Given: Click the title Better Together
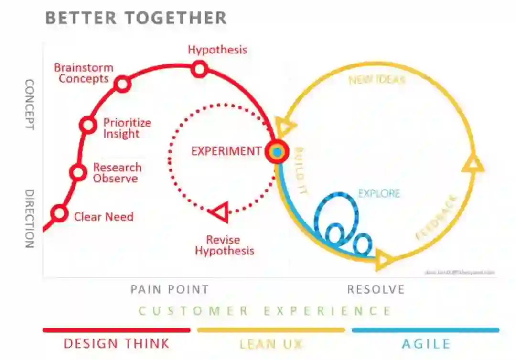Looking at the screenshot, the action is pos(136,18).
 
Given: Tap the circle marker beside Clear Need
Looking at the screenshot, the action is pos(60,213).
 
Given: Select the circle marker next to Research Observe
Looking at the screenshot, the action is pos(78,172).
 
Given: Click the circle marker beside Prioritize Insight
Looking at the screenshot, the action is pos(88,125).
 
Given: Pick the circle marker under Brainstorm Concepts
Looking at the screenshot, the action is pos(123,85).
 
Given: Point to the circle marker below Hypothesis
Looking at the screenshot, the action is pos(200,69).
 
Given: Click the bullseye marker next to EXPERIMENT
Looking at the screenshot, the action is pos(277,151).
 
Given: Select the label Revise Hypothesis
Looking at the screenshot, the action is pos(224,245).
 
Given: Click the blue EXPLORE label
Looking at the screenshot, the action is pos(379,194).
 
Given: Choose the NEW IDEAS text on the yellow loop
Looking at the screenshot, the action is pos(377,79).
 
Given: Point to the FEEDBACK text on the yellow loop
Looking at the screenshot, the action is pos(436,217).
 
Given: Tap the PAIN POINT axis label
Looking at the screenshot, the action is pos(170,289).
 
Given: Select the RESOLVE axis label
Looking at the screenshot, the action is pos(376,289).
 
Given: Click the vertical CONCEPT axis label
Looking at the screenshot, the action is pos(29,105).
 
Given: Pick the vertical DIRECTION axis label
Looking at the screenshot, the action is pos(29,219).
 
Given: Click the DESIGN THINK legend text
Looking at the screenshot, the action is pos(117,343).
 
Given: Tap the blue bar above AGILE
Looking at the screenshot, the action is pos(425,330).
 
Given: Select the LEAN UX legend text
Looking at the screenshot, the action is pos(271,343).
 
